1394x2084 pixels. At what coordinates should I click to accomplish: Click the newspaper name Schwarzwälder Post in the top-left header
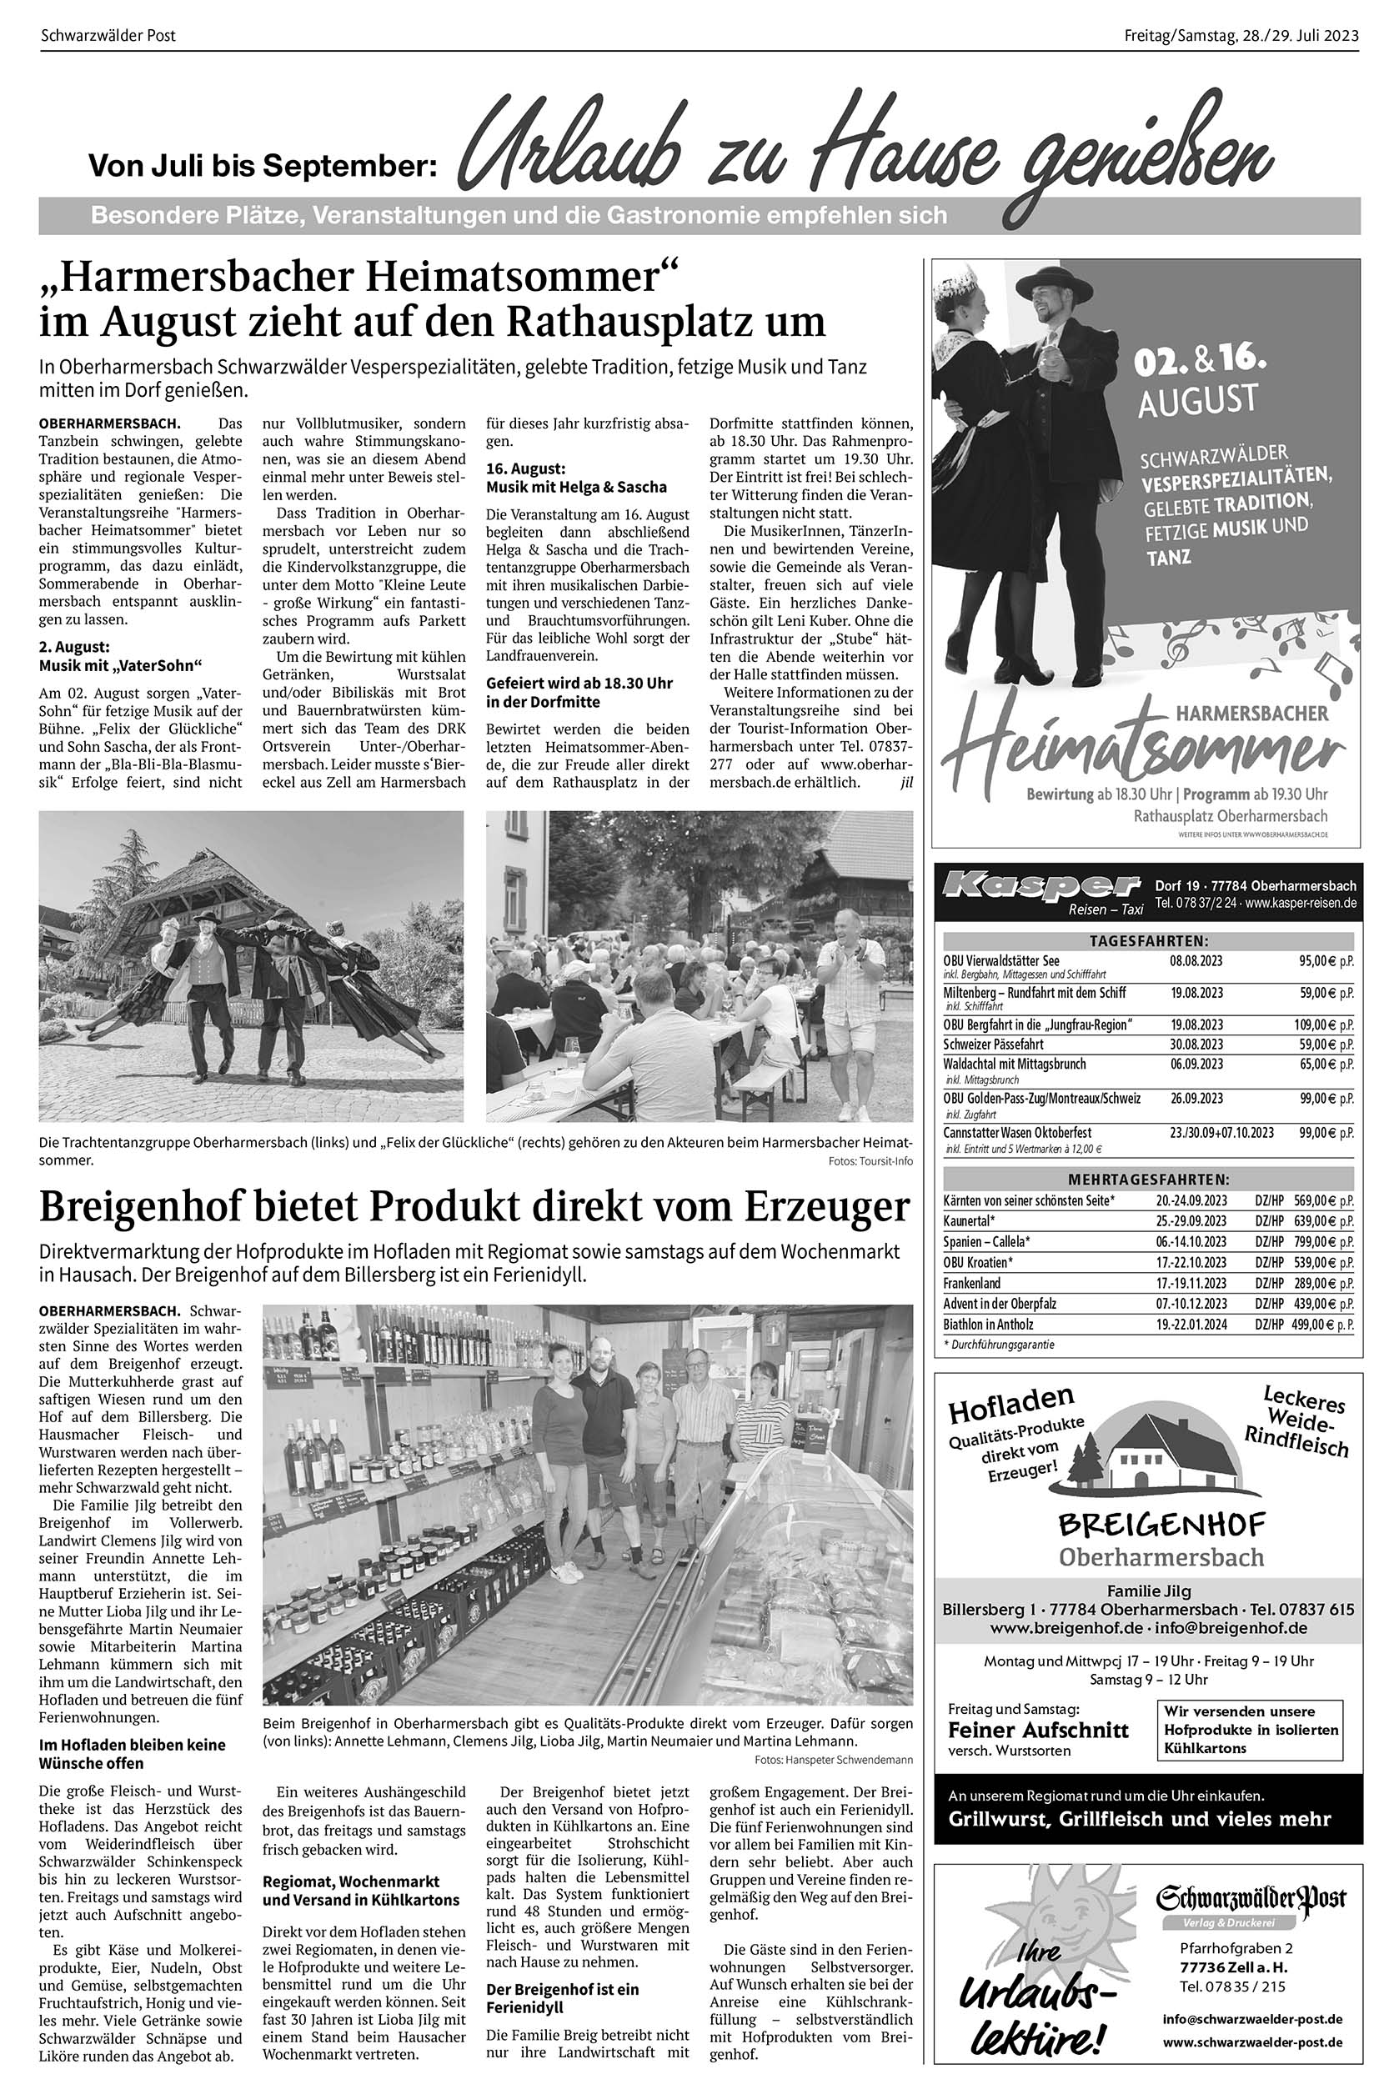click(x=108, y=36)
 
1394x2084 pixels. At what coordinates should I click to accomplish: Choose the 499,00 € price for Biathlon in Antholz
click(x=1324, y=1324)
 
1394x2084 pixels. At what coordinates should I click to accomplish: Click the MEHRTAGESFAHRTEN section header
click(x=1148, y=1180)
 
